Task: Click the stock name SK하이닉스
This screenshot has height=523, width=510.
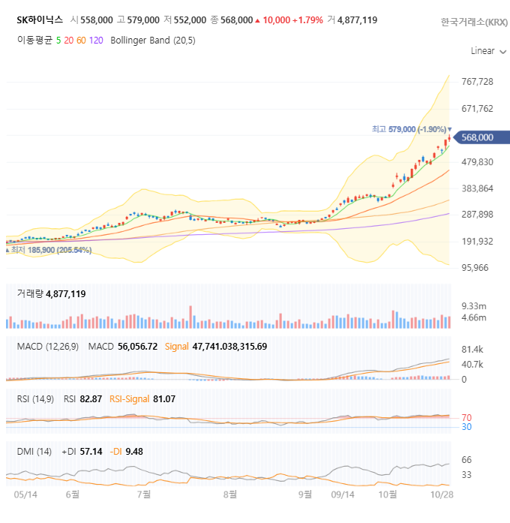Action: pyautogui.click(x=40, y=20)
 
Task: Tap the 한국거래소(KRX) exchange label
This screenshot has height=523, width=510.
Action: pyautogui.click(x=474, y=22)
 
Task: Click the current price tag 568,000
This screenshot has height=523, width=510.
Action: pyautogui.click(x=477, y=137)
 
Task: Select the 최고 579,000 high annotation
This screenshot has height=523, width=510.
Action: pyautogui.click(x=409, y=129)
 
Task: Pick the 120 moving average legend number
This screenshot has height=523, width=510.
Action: pyautogui.click(x=96, y=41)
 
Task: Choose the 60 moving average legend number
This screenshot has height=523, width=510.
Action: pyautogui.click(x=81, y=41)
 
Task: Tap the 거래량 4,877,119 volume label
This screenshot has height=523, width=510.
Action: pyautogui.click(x=51, y=294)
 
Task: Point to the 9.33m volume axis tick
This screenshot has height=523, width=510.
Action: pyautogui.click(x=473, y=306)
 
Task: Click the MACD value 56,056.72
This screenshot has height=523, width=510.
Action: pyautogui.click(x=137, y=346)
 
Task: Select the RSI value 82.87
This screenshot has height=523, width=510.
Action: pyautogui.click(x=90, y=399)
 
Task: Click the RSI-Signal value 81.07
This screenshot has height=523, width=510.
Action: pyautogui.click(x=163, y=399)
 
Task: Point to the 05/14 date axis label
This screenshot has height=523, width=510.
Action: pyautogui.click(x=25, y=494)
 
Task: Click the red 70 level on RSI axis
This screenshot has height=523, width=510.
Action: pyautogui.click(x=466, y=417)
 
